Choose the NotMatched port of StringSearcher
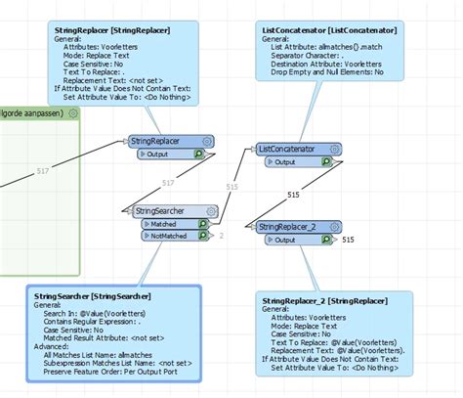click(170, 236)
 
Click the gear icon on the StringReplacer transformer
click(206, 142)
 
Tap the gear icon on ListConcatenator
click(334, 149)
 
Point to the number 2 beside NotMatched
click(222, 236)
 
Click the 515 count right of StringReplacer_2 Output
click(348, 240)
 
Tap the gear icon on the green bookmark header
click(73, 113)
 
